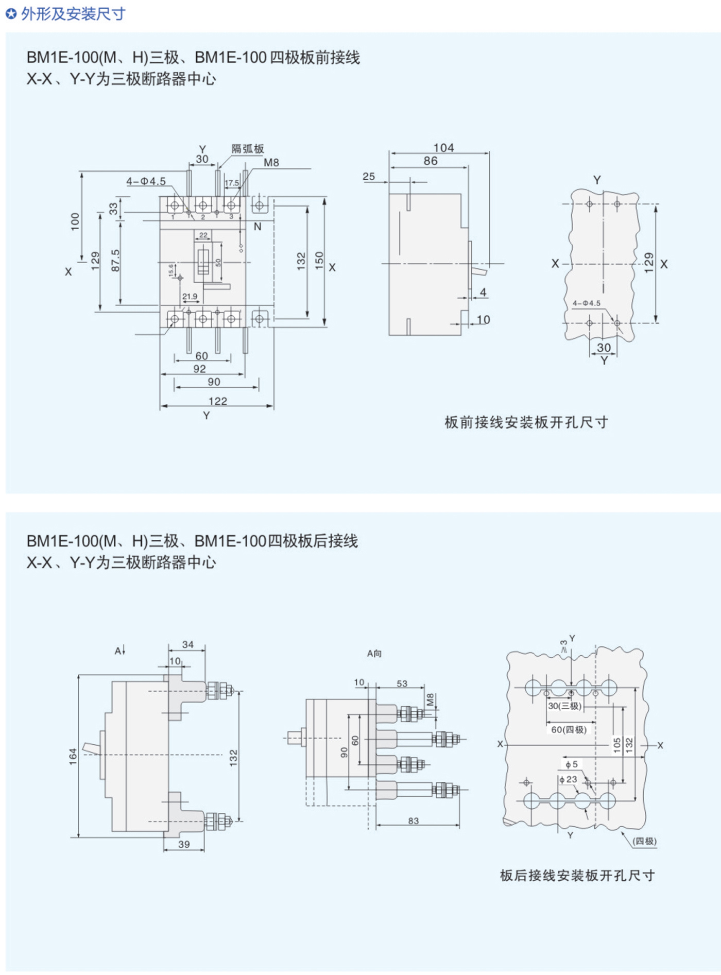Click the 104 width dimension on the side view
click(x=443, y=148)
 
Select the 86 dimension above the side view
click(x=431, y=161)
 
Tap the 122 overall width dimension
click(x=218, y=401)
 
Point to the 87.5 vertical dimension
click(x=115, y=261)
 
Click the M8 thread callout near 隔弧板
click(x=271, y=163)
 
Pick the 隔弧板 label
click(x=247, y=149)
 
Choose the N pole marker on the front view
click(x=257, y=227)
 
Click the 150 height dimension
click(x=319, y=261)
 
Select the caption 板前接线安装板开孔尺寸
click(x=526, y=422)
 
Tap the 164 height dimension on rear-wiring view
click(x=73, y=756)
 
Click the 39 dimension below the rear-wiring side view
click(x=184, y=844)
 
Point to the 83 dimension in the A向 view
click(x=414, y=820)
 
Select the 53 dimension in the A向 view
click(x=402, y=683)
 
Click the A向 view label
click(x=374, y=654)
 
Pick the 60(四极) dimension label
click(x=569, y=729)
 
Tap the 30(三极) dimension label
click(x=564, y=706)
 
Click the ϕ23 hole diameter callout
click(x=569, y=779)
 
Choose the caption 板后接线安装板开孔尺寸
click(x=577, y=876)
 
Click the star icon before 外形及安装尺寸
click(x=11, y=14)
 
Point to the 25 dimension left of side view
click(x=369, y=176)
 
